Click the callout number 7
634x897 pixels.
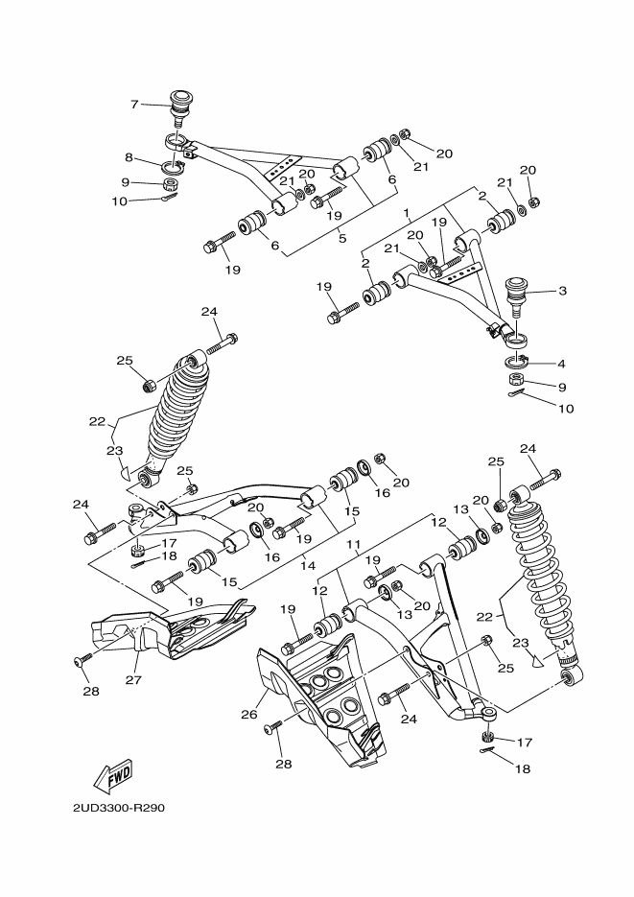tap(135, 104)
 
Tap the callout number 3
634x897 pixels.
tap(562, 290)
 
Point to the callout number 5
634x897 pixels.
tap(342, 238)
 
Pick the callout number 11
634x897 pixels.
tap(353, 544)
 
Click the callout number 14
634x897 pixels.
tap(308, 565)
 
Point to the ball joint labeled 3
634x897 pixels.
tap(519, 290)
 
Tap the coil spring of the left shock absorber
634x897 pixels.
tap(172, 413)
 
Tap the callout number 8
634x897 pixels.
tap(128, 157)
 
